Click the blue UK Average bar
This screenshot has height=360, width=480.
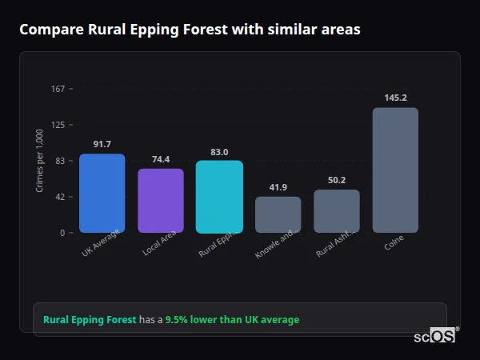pyautogui.click(x=102, y=193)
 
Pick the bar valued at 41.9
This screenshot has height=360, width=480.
pyautogui.click(x=278, y=214)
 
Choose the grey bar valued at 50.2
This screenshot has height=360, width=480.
pyautogui.click(x=337, y=211)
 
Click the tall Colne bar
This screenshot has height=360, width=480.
pyautogui.click(x=395, y=170)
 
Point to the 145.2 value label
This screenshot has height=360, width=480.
pyautogui.click(x=395, y=98)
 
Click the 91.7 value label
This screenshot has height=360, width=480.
pyautogui.click(x=102, y=144)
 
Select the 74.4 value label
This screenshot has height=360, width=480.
pyautogui.click(x=161, y=159)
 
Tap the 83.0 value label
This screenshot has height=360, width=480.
pyautogui.click(x=219, y=151)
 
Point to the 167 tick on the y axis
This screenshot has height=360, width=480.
pyautogui.click(x=58, y=89)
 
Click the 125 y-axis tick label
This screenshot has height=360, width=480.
pyautogui.click(x=58, y=125)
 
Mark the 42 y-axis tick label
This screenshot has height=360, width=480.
pyautogui.click(x=59, y=197)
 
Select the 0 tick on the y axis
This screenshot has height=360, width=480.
pyautogui.click(x=62, y=233)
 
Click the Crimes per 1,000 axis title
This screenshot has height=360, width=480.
pyautogui.click(x=39, y=161)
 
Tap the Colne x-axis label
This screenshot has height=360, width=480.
pyautogui.click(x=394, y=243)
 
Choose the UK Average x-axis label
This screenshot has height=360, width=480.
pyautogui.click(x=100, y=244)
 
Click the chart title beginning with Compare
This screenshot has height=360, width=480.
pyautogui.click(x=190, y=30)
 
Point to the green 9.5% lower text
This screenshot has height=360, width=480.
pyautogui.click(x=232, y=320)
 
